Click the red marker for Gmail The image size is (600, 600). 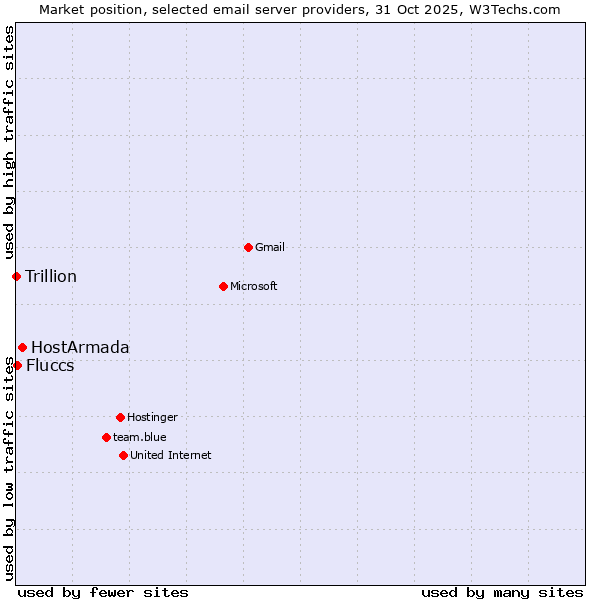(248, 247)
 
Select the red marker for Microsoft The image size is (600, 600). (223, 286)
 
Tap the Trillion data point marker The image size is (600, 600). (16, 276)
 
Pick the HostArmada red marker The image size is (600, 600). (22, 347)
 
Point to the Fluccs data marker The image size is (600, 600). (17, 365)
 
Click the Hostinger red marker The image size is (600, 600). (120, 417)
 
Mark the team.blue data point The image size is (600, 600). (106, 437)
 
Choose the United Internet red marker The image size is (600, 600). (123, 455)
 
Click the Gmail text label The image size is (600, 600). (270, 247)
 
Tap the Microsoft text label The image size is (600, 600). (254, 286)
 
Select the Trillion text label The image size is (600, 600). (51, 276)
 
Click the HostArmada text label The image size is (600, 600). (80, 347)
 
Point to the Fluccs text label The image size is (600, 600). (50, 365)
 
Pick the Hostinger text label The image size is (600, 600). (152, 417)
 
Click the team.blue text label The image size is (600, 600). (140, 437)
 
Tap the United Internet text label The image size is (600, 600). (171, 455)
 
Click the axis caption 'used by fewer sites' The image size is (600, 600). (103, 592)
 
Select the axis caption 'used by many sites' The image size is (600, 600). (502, 592)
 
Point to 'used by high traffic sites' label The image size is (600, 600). (9, 140)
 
